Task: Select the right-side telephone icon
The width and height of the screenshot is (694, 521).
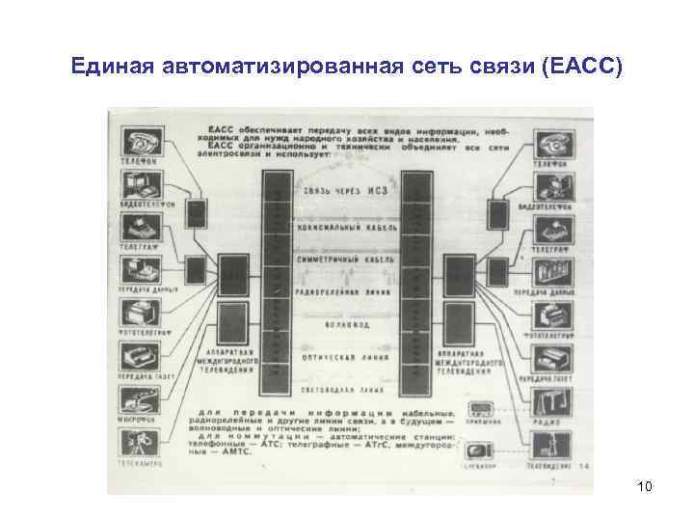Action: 555,143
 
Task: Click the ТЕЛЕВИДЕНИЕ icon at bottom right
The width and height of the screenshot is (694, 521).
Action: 555,443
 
